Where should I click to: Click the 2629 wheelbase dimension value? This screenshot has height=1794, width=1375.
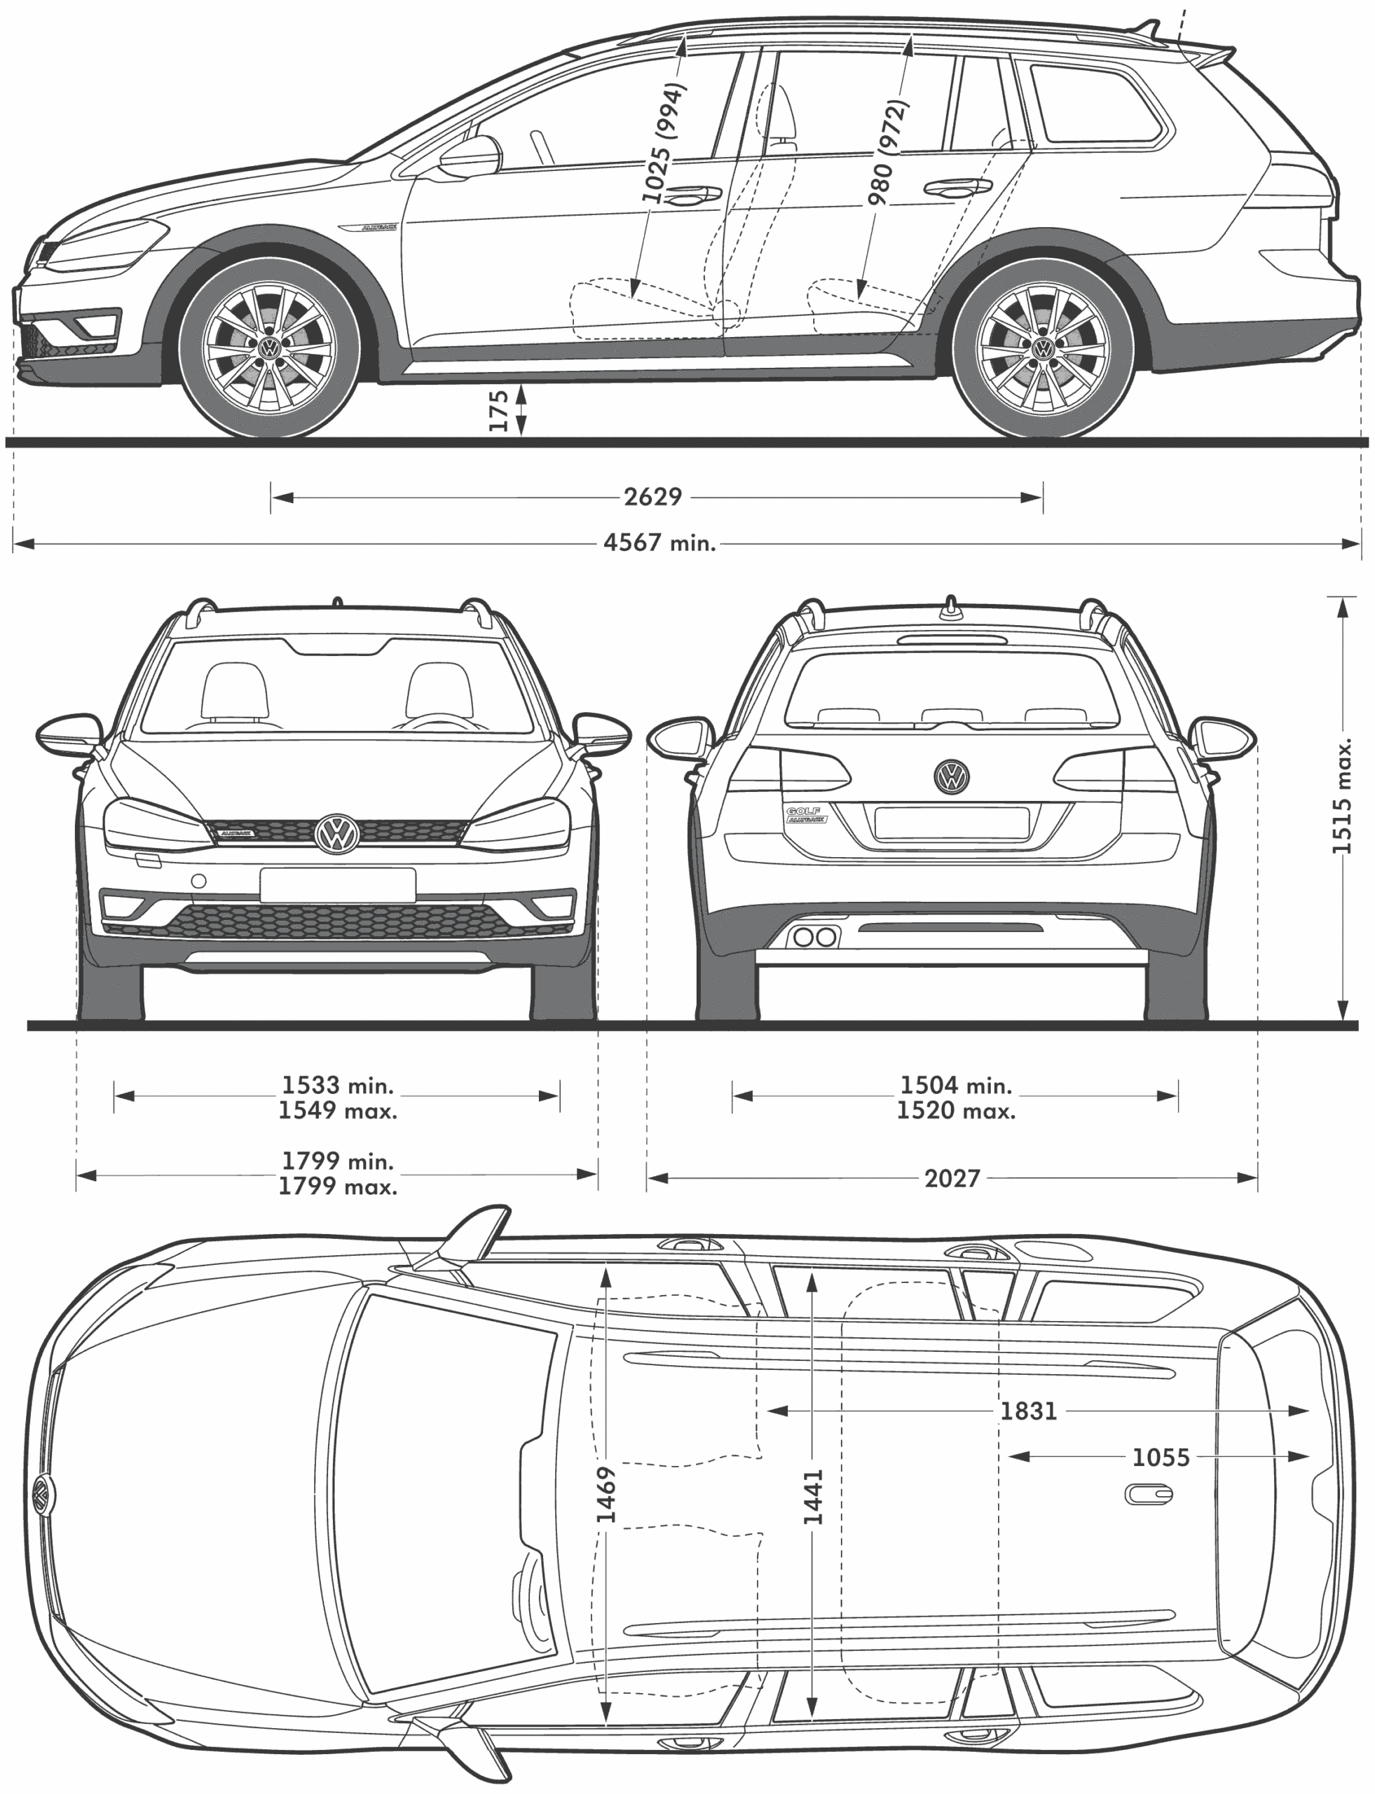point(652,497)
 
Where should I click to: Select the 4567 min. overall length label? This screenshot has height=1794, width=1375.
point(659,542)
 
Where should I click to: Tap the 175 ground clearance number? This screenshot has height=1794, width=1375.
point(498,410)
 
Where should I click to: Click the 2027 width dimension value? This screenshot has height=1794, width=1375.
point(952,1179)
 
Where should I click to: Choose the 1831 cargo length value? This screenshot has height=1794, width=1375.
point(1029,1411)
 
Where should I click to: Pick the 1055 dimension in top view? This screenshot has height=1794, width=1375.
point(1160,1458)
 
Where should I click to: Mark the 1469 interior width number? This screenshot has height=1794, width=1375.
point(606,1495)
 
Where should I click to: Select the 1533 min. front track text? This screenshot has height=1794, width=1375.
point(337,1086)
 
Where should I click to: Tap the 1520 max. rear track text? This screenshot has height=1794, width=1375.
point(955,1111)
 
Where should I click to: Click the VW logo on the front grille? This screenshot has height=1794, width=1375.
point(337,834)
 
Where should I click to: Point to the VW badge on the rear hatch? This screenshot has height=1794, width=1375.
point(951,776)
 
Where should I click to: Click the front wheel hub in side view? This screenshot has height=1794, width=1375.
point(269,349)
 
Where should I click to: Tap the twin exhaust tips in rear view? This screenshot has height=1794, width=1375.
point(815,937)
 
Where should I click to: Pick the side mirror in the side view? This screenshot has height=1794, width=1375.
point(471,157)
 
